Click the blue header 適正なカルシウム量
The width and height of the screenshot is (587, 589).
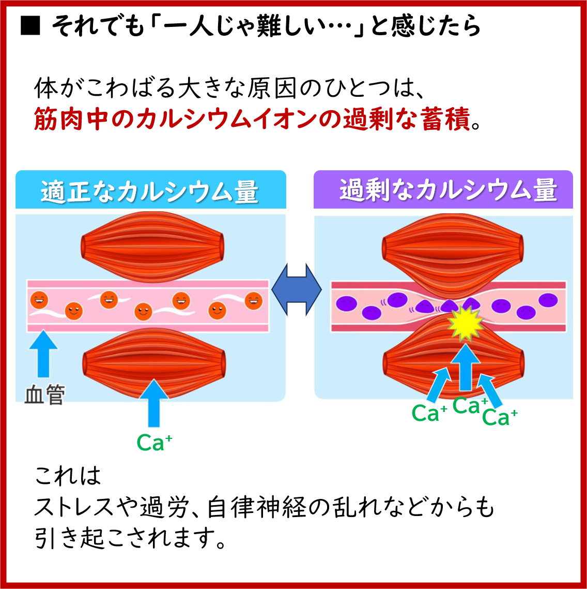point(150,192)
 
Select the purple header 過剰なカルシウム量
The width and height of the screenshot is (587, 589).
point(447,190)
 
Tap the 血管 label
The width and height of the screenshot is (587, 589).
point(44,395)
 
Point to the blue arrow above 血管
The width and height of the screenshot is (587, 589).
point(43,358)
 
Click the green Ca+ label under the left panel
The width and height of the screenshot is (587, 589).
point(154,443)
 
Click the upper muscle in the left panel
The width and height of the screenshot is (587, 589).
point(153,246)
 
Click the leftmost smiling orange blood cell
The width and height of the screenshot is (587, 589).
point(39,299)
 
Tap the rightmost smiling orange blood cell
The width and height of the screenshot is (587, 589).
point(253,300)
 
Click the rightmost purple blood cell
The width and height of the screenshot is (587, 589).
point(548,299)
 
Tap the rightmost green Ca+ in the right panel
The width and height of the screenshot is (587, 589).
point(500,417)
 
